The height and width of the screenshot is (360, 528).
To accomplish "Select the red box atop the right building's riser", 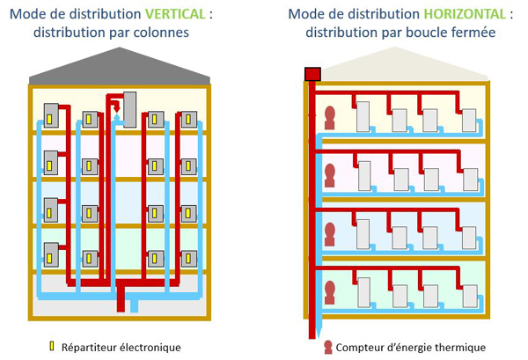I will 311,74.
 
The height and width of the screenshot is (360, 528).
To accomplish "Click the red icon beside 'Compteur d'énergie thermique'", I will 327,347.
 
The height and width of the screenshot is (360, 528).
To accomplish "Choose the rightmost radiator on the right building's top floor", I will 468,120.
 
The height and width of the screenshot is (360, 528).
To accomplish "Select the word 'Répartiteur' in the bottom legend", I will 90,347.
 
